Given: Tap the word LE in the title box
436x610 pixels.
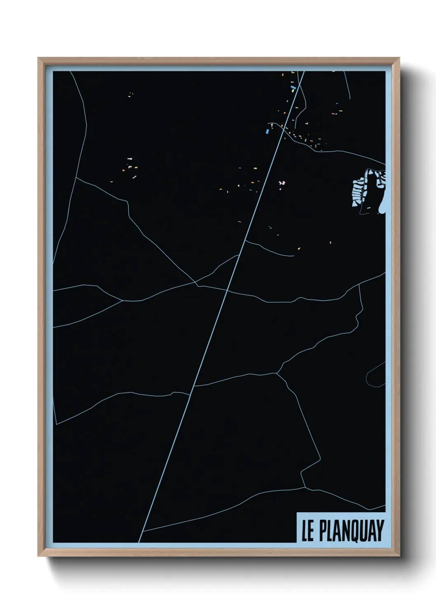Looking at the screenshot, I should [307, 531].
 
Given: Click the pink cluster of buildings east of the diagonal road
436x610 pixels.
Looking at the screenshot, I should [282, 183].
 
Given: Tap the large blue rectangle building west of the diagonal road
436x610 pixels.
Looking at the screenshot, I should [267, 131].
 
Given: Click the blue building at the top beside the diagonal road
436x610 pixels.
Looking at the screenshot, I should [293, 87].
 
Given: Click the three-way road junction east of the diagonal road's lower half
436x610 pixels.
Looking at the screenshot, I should [277, 373].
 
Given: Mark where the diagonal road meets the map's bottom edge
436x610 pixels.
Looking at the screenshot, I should [139, 542].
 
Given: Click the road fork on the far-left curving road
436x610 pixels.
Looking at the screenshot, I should [76, 178].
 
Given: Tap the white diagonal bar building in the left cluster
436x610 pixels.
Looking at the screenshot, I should [134, 177].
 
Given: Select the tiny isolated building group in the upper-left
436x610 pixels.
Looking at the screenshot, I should [131, 95].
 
